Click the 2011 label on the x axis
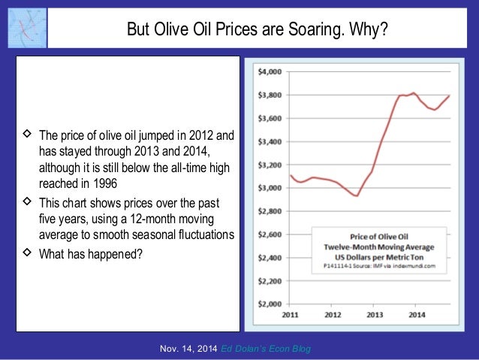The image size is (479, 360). (291, 316)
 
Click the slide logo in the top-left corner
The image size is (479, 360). (27, 27)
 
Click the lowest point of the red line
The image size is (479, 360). (357, 195)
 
